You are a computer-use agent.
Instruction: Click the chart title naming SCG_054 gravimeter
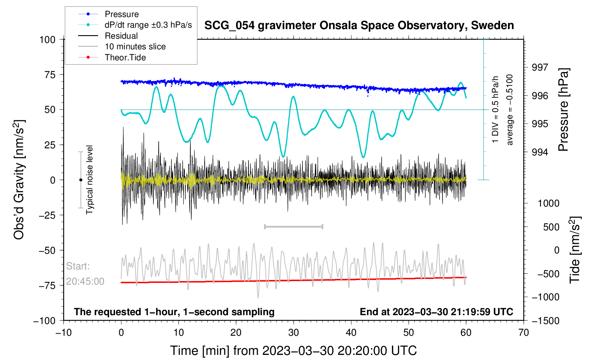[359, 26]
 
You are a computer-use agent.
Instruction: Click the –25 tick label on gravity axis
[47, 215]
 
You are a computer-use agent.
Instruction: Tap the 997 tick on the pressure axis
[540, 67]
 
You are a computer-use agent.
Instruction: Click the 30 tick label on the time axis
[294, 333]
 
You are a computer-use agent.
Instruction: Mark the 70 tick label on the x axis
[524, 333]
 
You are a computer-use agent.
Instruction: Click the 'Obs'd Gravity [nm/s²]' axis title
[19, 180]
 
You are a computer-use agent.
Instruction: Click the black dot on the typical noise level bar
[81, 180]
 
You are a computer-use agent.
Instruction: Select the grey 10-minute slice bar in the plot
[294, 226]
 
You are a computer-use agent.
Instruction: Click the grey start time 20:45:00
[85, 281]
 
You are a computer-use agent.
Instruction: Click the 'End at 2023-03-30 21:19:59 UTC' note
[436, 312]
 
